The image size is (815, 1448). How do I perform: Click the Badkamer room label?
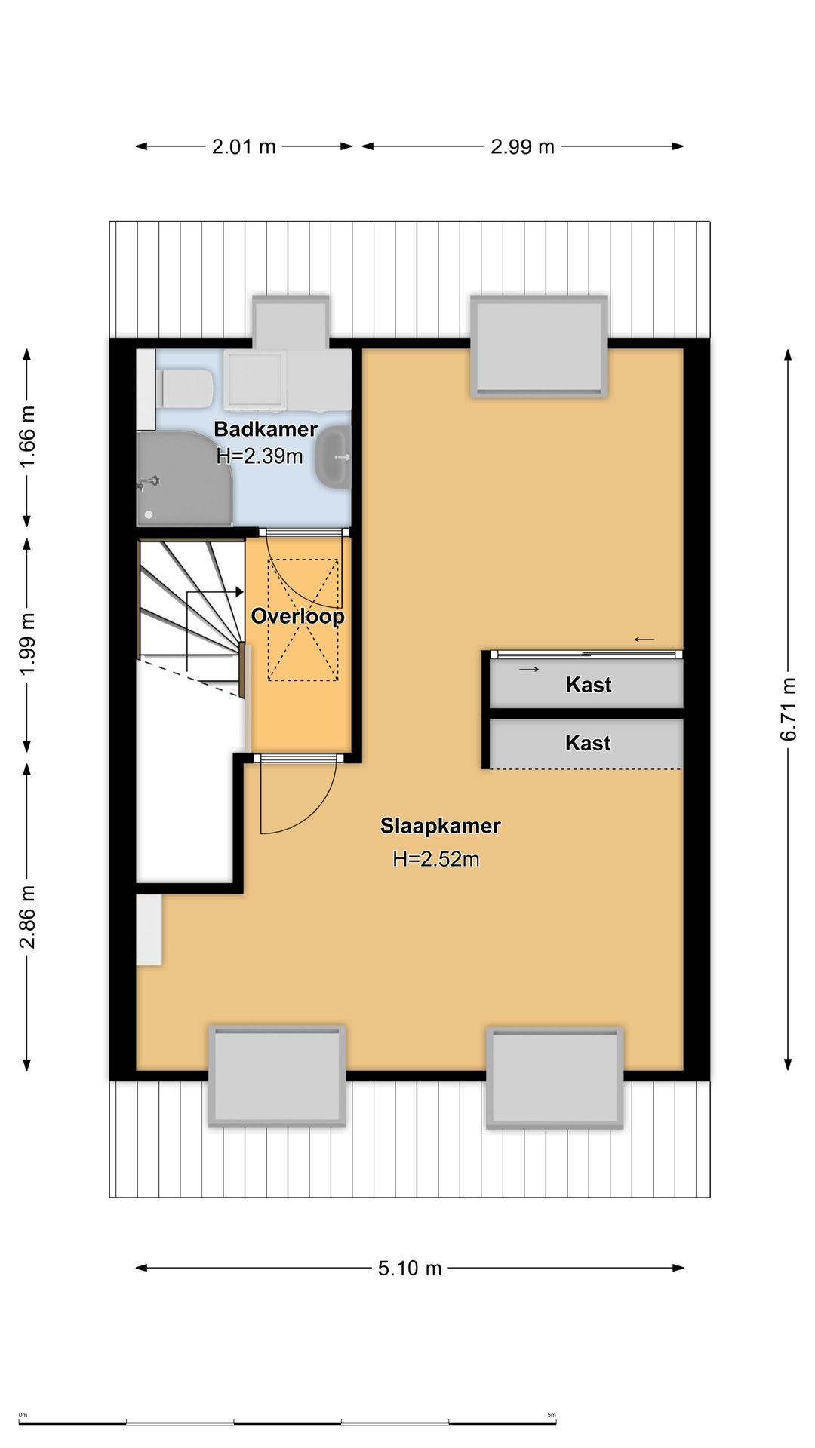click(266, 429)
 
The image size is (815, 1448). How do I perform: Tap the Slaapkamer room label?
click(440, 826)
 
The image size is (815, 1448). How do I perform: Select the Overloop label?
click(297, 616)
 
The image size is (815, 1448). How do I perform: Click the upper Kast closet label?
click(589, 685)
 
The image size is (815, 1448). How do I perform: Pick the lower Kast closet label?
click(588, 743)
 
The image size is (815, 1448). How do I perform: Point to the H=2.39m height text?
click(260, 456)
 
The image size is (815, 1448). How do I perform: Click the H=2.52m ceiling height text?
click(436, 859)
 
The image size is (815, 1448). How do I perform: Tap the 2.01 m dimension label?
click(244, 146)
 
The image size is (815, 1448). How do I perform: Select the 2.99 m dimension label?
click(522, 146)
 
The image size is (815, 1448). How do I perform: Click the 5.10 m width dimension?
click(410, 1268)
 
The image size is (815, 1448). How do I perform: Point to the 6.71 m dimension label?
click(789, 710)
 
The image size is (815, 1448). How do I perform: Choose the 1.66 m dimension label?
click(27, 437)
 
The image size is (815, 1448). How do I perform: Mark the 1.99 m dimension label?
click(27, 645)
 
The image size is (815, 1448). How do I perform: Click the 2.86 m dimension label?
click(27, 917)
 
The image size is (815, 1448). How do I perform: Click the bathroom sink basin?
click(333, 456)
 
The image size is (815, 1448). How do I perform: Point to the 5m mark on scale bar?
click(552, 1415)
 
